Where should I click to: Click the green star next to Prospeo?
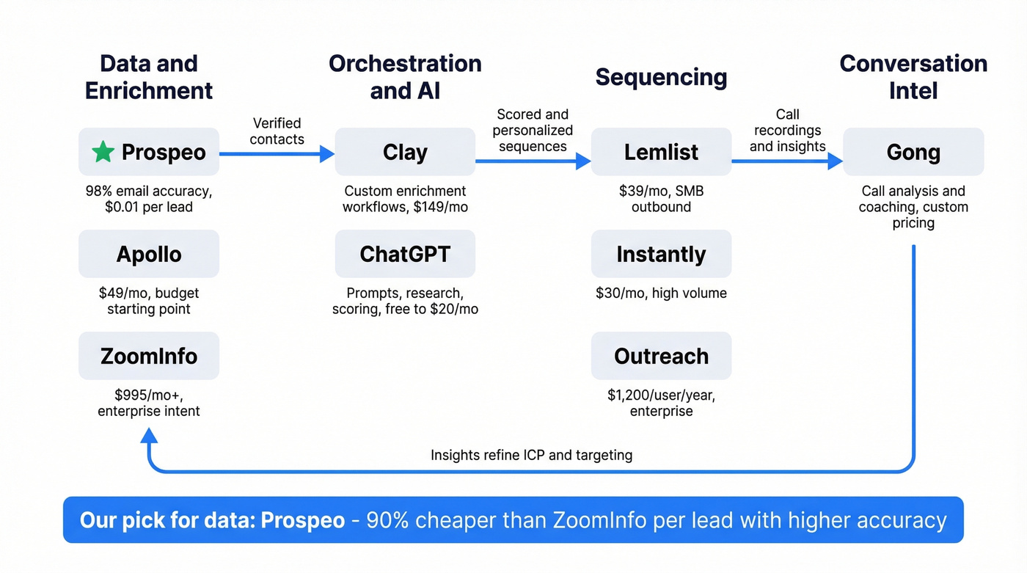[103, 152]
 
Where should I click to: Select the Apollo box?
[149, 254]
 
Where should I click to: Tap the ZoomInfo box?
[149, 356]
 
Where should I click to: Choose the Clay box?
[405, 152]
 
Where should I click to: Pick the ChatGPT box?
[405, 254]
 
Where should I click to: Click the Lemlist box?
[661, 152]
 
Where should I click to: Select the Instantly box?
[661, 254]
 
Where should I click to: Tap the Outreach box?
[661, 356]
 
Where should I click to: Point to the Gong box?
[913, 152]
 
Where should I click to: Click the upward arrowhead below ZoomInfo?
[149, 437]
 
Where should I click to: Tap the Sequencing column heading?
[661, 77]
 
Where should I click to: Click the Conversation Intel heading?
[913, 77]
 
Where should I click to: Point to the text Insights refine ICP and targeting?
[531, 455]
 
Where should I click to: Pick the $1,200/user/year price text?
[661, 395]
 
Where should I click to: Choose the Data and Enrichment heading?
[149, 77]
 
